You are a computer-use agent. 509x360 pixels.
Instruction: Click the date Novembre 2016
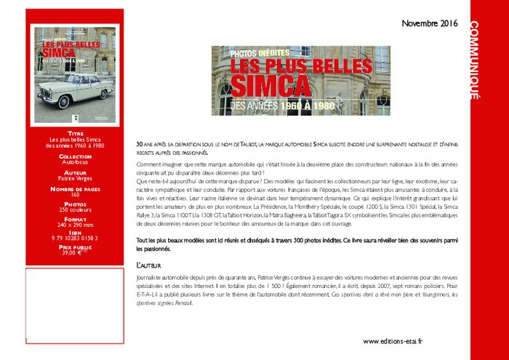coord(429,24)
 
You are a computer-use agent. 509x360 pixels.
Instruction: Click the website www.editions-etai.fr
coord(393,340)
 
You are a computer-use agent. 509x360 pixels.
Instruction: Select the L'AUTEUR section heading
coord(151,266)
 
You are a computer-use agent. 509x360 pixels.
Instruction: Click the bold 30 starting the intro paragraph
coord(140,145)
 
